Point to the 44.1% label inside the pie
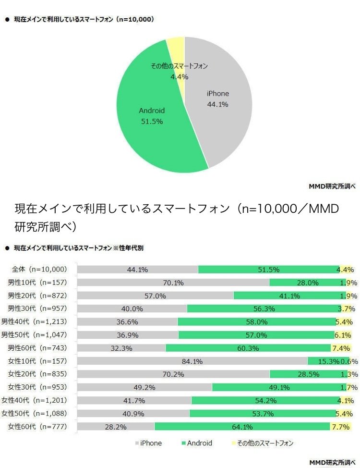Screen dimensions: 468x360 pyautogui.click(x=217, y=104)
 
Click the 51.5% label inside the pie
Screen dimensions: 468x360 pyautogui.click(x=152, y=122)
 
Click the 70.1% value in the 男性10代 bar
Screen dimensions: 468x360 pyautogui.click(x=173, y=283)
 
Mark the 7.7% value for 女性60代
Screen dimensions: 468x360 pyautogui.click(x=342, y=426)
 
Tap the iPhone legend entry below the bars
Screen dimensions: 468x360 pyautogui.click(x=148, y=443)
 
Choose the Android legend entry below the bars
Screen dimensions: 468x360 pyautogui.click(x=196, y=443)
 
